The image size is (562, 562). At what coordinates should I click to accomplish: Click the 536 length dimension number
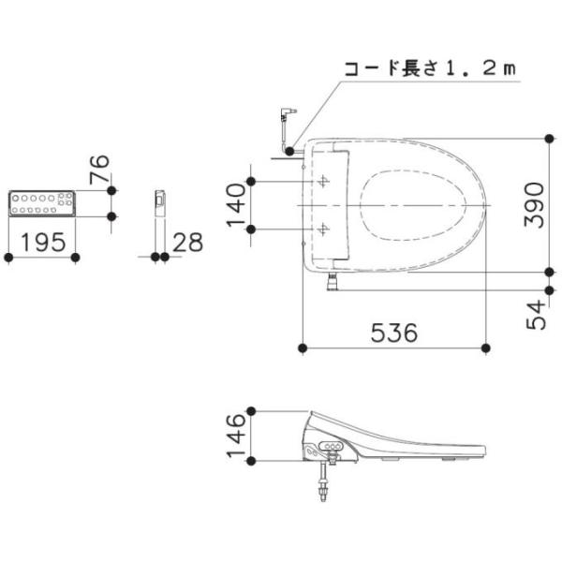(394, 333)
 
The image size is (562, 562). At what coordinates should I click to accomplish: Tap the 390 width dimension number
(534, 204)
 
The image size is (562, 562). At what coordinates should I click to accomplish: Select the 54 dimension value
(536, 315)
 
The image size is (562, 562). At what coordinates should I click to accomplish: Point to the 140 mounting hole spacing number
(236, 205)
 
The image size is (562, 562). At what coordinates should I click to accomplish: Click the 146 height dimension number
(236, 436)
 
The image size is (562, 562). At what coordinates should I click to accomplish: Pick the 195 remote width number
(43, 243)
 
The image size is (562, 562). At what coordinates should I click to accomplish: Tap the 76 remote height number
(99, 170)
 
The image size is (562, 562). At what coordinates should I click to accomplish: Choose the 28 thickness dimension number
(187, 243)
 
